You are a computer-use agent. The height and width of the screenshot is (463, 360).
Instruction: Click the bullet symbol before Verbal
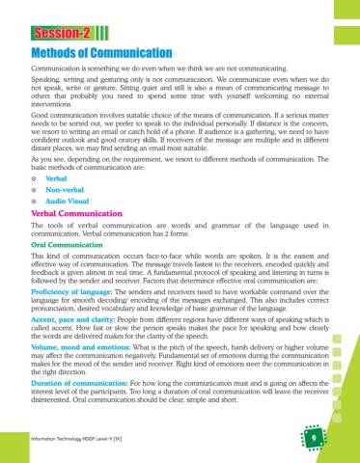click(35, 180)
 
